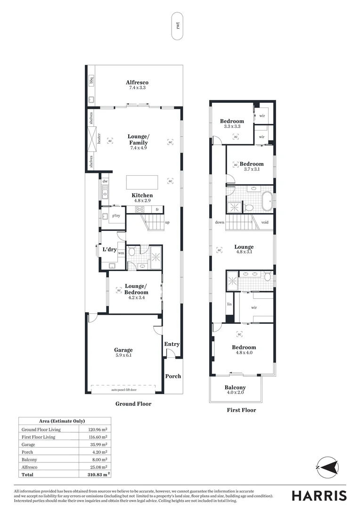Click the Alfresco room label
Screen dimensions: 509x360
click(x=137, y=82)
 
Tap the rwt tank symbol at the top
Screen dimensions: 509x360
click(x=178, y=25)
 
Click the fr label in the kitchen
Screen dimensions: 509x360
click(x=157, y=210)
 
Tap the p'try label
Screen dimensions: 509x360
click(x=116, y=216)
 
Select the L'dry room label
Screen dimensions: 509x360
click(x=109, y=250)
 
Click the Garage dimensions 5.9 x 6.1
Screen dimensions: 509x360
click(x=123, y=356)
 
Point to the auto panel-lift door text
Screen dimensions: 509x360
click(x=123, y=390)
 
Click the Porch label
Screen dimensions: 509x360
click(x=172, y=376)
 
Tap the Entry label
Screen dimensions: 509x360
click(x=172, y=344)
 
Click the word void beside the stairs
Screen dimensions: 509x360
click(x=265, y=222)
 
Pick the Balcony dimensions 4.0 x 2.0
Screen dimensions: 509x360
click(x=235, y=394)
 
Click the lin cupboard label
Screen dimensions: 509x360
click(x=229, y=305)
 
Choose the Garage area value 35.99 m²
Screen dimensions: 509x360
click(x=98, y=444)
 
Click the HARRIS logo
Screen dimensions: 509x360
click(x=319, y=495)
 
